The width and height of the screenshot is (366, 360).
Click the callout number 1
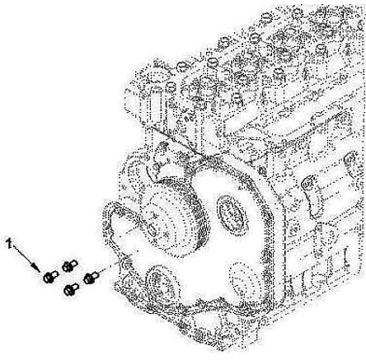(x=10, y=243)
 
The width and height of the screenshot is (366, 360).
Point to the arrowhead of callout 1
(x=35, y=267)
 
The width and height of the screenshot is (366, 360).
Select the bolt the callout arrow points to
(x=50, y=277)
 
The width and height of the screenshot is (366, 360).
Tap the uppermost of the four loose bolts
(x=69, y=265)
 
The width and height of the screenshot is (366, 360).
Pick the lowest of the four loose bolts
(x=71, y=290)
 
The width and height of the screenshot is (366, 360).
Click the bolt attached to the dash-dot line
(x=91, y=278)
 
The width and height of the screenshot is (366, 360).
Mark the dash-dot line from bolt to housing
(x=109, y=268)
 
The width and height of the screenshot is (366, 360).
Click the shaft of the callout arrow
(x=24, y=256)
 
